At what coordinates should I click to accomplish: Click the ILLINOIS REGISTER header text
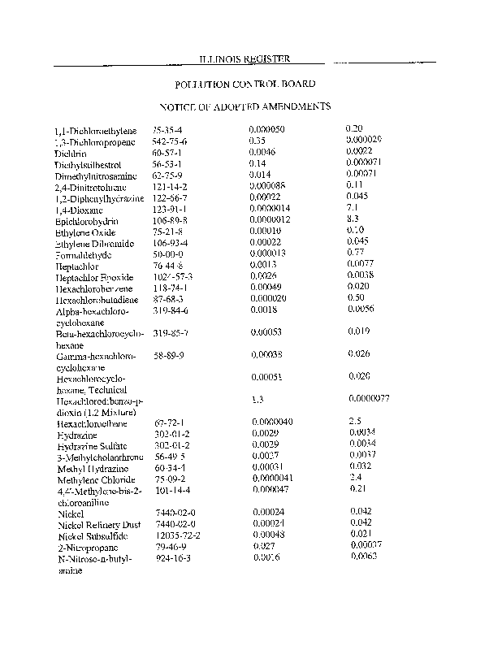pyautogui.click(x=245, y=58)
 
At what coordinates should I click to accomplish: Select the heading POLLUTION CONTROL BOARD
pyautogui.click(x=245, y=84)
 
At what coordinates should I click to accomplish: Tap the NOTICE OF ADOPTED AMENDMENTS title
pyautogui.click(x=245, y=106)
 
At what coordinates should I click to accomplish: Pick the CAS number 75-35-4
pyautogui.click(x=168, y=130)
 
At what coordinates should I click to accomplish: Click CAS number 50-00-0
pyautogui.click(x=167, y=255)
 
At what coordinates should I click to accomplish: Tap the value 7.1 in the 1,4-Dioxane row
pyautogui.click(x=353, y=209)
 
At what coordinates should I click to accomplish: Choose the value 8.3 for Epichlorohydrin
pyautogui.click(x=353, y=220)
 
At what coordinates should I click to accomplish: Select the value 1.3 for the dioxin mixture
pyautogui.click(x=258, y=400)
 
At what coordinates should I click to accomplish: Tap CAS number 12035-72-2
pyautogui.click(x=178, y=535)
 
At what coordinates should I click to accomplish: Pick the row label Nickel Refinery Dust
pyautogui.click(x=98, y=525)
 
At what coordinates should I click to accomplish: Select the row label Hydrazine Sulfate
pyautogui.click(x=91, y=446)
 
